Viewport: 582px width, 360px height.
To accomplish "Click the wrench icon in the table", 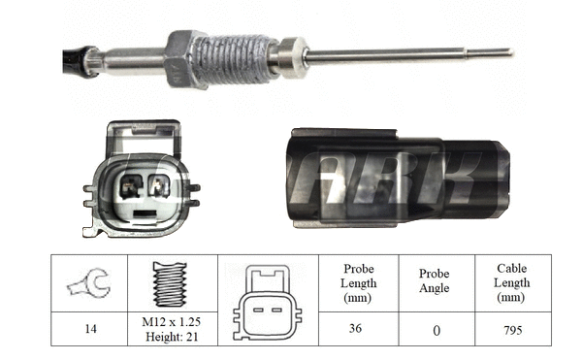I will (x=88, y=283).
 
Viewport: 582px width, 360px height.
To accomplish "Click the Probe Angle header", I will (x=436, y=283).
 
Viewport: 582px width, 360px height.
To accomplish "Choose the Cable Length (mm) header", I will (x=512, y=282).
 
